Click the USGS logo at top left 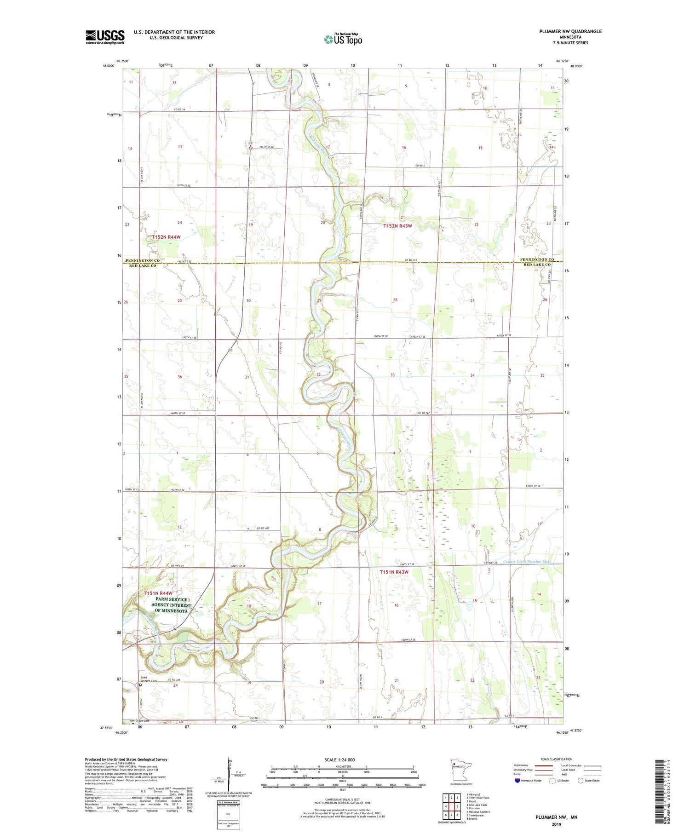coord(105,37)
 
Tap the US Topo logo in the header coord(343,40)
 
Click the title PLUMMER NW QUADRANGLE coord(564,31)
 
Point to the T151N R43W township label coord(394,572)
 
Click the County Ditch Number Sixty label coord(527,561)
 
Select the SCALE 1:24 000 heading coord(339,759)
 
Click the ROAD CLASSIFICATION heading coord(556,759)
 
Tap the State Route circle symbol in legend coord(581,780)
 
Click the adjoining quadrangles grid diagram coord(451,805)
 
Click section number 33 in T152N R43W coord(392,375)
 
